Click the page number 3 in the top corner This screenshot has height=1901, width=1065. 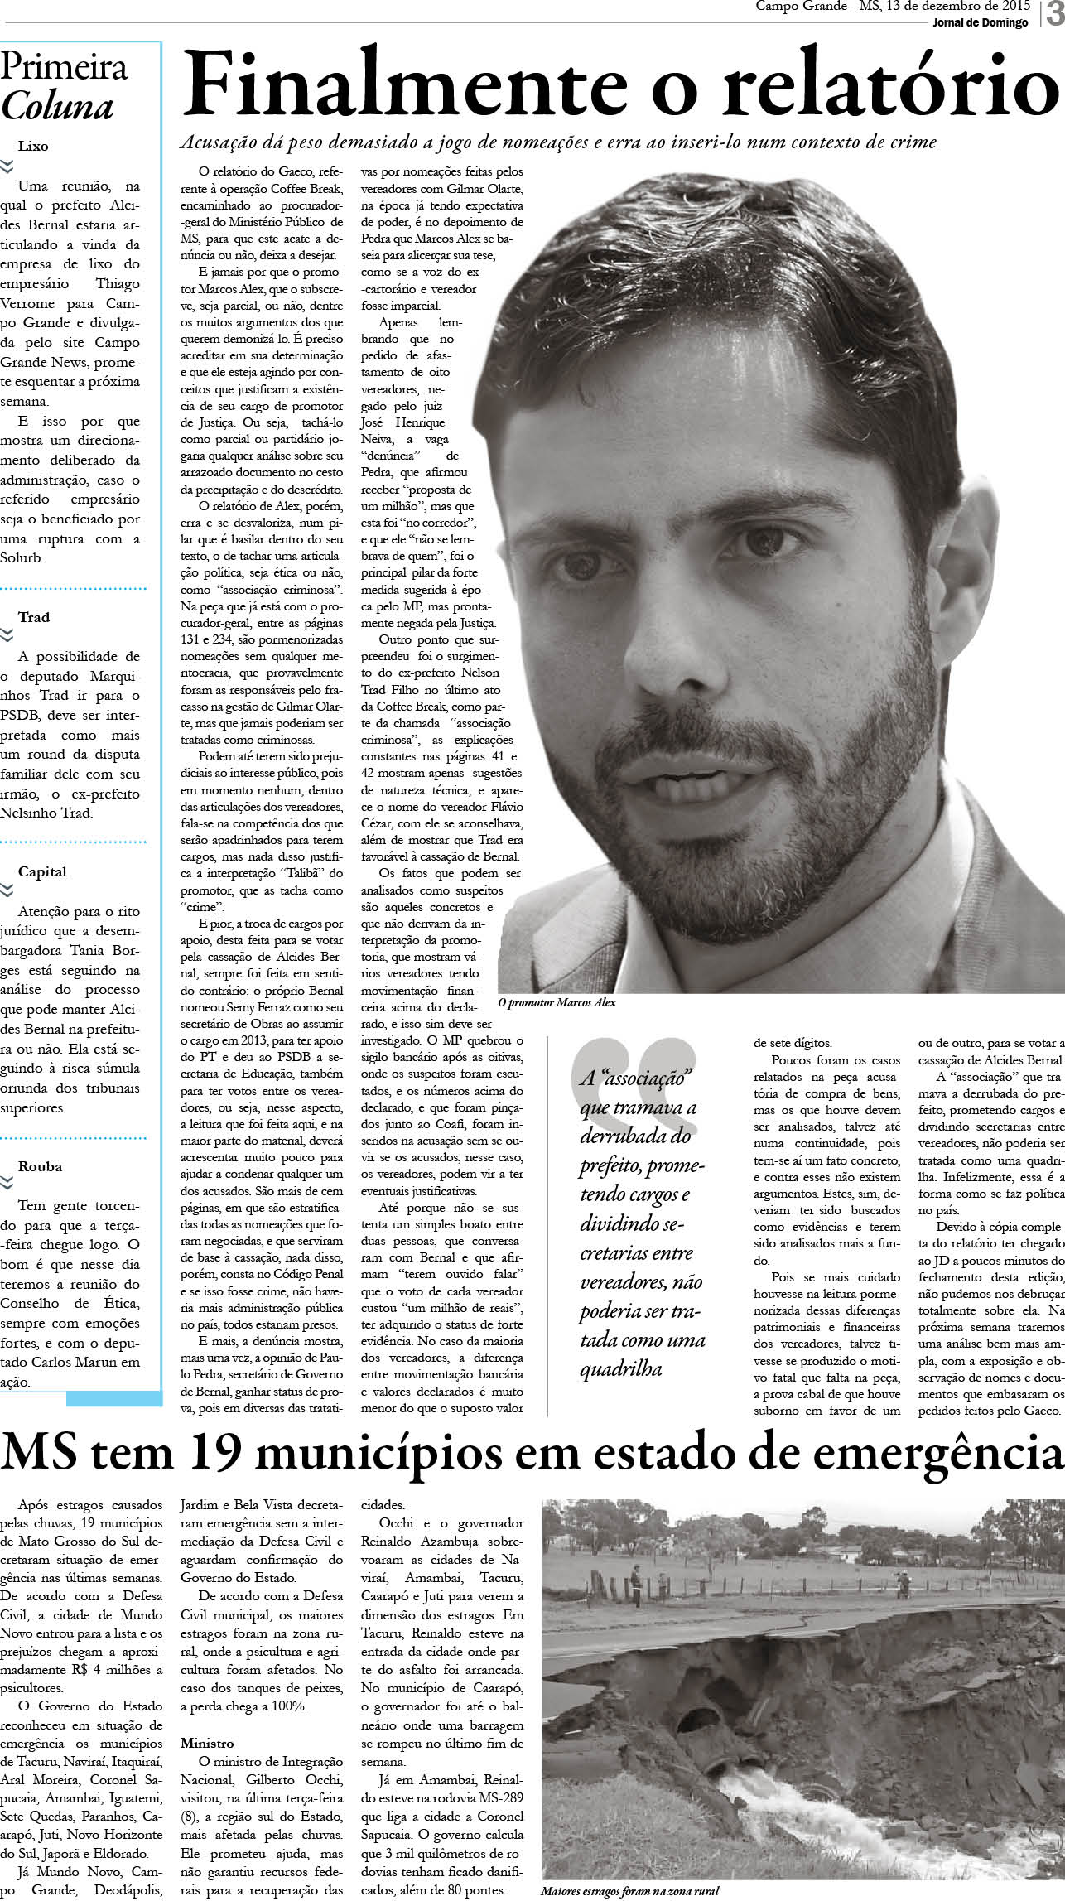(x=1055, y=16)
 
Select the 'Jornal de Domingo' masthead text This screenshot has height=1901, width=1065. (x=980, y=22)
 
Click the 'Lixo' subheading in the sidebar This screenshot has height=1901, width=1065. (x=33, y=146)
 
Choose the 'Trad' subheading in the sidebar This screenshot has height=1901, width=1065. (x=34, y=617)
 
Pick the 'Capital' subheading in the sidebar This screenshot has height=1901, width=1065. (x=42, y=871)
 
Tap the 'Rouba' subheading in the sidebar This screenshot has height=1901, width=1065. (x=40, y=1166)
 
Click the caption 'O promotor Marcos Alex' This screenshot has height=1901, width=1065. (x=557, y=1002)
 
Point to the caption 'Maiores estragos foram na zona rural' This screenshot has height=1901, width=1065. (x=630, y=1891)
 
